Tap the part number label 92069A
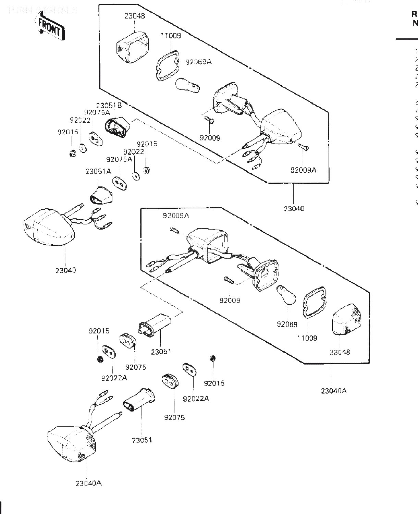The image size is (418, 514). coord(199,62)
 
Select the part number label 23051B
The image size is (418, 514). coord(109,106)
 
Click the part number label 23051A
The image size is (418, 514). coord(98,172)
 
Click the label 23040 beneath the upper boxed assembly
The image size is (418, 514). coord(294,208)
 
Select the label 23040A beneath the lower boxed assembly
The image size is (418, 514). coord(334,391)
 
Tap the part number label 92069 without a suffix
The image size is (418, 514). coord(287,324)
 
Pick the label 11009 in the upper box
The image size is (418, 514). coord(171,36)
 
